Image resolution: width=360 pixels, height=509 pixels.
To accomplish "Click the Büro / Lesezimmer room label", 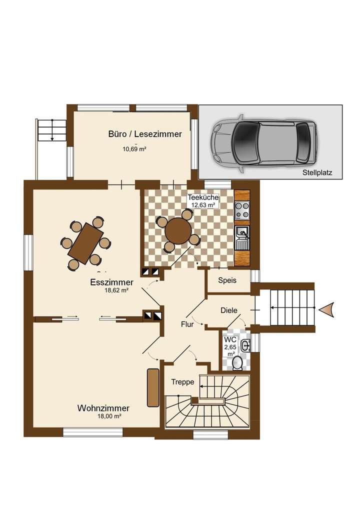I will point(144,134).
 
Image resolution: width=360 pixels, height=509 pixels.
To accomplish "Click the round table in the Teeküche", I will point(178,231).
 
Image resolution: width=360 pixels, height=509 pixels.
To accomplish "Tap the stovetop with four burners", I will point(242,210).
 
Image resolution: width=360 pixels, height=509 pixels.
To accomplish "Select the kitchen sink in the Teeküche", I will point(242,232).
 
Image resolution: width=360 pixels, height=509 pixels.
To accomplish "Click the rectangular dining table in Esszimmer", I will point(85,243).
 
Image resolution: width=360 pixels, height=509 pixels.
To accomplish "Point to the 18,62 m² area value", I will point(116,290).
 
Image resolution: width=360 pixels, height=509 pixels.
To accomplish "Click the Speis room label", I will point(227,280).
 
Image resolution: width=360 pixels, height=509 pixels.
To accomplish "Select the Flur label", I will point(187,324).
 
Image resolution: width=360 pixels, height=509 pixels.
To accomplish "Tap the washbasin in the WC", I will point(245,345).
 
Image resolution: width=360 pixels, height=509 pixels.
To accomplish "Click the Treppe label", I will point(182,381).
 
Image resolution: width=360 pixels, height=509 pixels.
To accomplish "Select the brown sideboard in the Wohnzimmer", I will point(152,387).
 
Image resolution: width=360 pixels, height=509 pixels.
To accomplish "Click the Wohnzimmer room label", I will point(103,408).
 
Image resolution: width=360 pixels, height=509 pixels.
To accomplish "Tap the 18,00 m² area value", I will point(109,416).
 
